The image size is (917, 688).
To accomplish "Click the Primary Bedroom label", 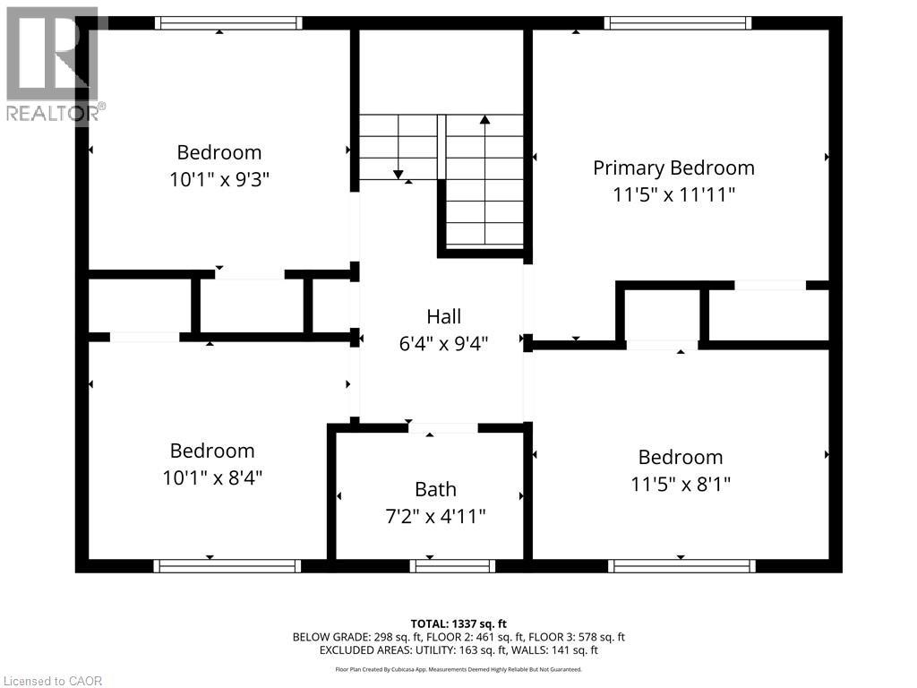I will pyautogui.click(x=673, y=168).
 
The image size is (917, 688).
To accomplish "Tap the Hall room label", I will pyautogui.click(x=443, y=316).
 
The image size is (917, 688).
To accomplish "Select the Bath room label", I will pyautogui.click(x=435, y=489).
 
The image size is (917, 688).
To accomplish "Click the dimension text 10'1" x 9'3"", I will pyautogui.click(x=219, y=179).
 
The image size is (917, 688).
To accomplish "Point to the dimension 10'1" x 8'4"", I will pyautogui.click(x=212, y=477).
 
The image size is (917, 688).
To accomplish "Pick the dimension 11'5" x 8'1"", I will pyautogui.click(x=680, y=484).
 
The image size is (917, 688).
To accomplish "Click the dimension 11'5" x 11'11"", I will pyautogui.click(x=673, y=194).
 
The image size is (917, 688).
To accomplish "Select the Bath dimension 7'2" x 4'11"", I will pyautogui.click(x=435, y=516).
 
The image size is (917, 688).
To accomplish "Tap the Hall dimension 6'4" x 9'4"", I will pyautogui.click(x=443, y=342).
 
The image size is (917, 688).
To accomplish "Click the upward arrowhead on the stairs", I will pyautogui.click(x=484, y=119).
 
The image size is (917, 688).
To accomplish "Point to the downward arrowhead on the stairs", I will pyautogui.click(x=398, y=174).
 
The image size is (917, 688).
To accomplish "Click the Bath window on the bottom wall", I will pyautogui.click(x=453, y=565).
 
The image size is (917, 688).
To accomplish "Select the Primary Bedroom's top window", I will pyautogui.click(x=678, y=22).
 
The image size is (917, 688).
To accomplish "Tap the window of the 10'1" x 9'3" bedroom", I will pyautogui.click(x=227, y=22).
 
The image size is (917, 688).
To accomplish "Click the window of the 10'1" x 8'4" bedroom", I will pyautogui.click(x=227, y=565).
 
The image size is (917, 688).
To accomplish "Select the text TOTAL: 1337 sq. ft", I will pyautogui.click(x=458, y=623).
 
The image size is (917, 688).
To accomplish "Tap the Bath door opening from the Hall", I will pyautogui.click(x=442, y=428).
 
